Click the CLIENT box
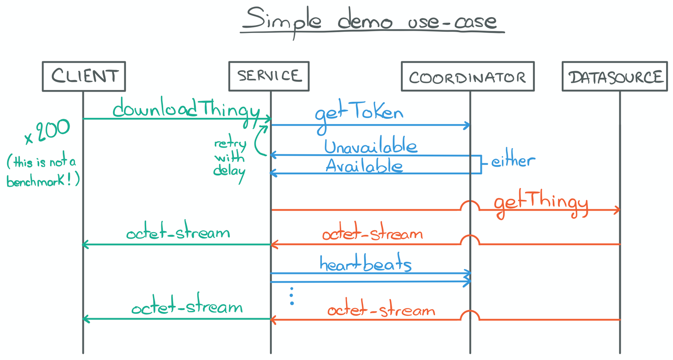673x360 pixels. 84,76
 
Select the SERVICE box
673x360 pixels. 269,76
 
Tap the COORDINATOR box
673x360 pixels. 467,77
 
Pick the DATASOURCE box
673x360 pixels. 614,77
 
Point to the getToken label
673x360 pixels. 358,113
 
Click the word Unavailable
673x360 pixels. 370,147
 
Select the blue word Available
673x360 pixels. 364,166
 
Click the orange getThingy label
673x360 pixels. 541,202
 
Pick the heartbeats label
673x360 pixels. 365,264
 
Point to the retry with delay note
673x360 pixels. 230,158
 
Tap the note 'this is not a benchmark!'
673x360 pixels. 42,172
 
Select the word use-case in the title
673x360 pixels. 452,21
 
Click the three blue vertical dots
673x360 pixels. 292,296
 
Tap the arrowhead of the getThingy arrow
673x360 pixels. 618,210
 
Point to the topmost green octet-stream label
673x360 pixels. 178,233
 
